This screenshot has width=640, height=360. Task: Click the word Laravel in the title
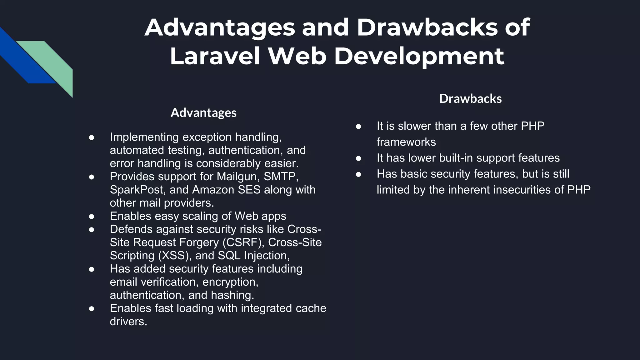tap(215, 56)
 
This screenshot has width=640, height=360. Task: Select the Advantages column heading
tap(203, 113)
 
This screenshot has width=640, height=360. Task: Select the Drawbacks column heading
tap(470, 99)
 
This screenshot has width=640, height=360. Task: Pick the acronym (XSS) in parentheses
tap(175, 256)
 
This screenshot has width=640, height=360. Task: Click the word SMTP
tap(280, 177)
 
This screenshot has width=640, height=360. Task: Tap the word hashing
tap(232, 295)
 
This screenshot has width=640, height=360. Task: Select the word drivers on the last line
tap(128, 322)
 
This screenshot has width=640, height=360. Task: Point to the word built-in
tap(456, 158)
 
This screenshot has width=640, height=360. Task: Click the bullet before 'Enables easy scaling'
tap(92, 216)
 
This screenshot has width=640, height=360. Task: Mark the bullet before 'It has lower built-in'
tap(358, 158)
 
